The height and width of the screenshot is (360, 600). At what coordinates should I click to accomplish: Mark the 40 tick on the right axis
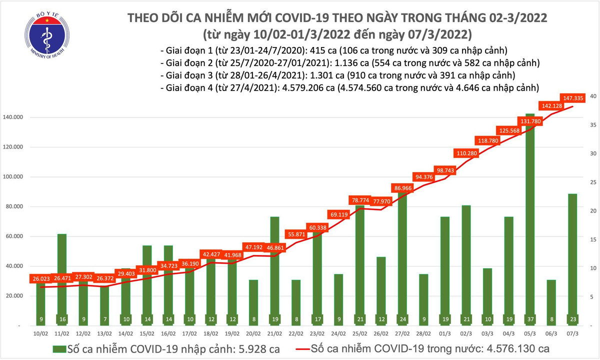[592, 96]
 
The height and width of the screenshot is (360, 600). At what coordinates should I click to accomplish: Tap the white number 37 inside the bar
[529, 319]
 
